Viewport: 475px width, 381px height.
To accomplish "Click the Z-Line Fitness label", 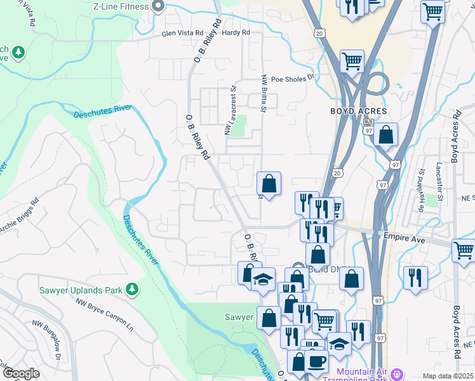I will [121, 7].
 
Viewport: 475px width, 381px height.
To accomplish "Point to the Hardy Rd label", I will [236, 32].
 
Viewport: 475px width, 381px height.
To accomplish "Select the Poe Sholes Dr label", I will [293, 79].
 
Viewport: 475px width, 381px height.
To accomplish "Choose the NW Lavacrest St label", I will [229, 110].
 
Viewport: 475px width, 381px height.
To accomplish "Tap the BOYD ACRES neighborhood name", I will [358, 111].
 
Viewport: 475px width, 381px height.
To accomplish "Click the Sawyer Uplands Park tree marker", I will [132, 290].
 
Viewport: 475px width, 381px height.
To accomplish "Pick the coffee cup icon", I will [316, 361].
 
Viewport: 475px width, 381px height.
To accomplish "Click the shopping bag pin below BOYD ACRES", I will [385, 135].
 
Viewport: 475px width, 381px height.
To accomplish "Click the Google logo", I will [21, 373].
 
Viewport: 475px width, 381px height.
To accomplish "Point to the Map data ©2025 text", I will [448, 376].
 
